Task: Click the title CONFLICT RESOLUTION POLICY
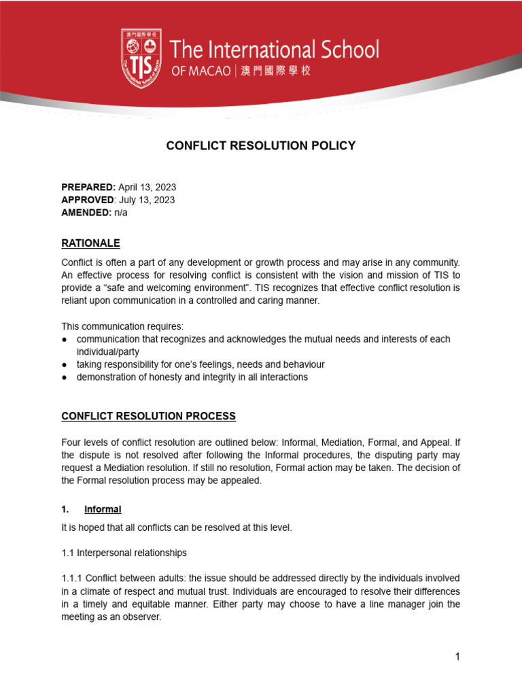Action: point(261,145)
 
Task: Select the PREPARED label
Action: point(88,187)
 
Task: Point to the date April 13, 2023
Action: point(147,187)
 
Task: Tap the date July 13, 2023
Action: point(146,200)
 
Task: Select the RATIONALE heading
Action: point(90,243)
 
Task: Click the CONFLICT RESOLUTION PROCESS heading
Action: point(149,415)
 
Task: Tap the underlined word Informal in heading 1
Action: point(103,509)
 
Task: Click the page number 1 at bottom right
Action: point(458,656)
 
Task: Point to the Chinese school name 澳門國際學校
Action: point(275,71)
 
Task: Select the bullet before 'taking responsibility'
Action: point(65,364)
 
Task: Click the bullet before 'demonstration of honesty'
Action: point(65,377)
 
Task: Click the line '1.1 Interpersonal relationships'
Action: point(124,553)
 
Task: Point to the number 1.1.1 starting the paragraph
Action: point(72,578)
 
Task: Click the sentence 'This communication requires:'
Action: point(122,326)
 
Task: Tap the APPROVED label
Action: point(88,200)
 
